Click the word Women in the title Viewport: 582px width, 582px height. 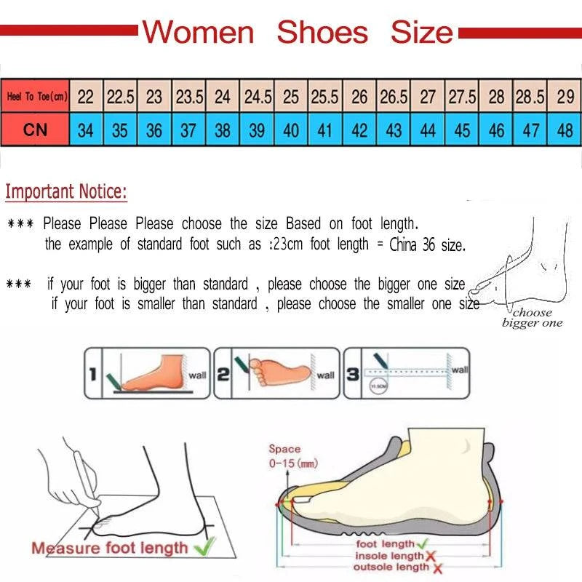199,33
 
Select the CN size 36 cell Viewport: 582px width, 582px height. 154,131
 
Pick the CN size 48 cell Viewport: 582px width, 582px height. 565,131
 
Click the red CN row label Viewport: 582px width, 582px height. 35,130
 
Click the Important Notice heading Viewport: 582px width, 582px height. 66,192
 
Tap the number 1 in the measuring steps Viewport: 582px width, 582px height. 92,375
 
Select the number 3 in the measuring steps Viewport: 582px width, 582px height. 352,375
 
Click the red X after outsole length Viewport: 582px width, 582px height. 438,568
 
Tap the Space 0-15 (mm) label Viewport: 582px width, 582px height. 284,456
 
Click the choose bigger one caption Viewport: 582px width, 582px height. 532,318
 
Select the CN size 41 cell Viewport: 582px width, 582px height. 325,131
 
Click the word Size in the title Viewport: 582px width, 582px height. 422,33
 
